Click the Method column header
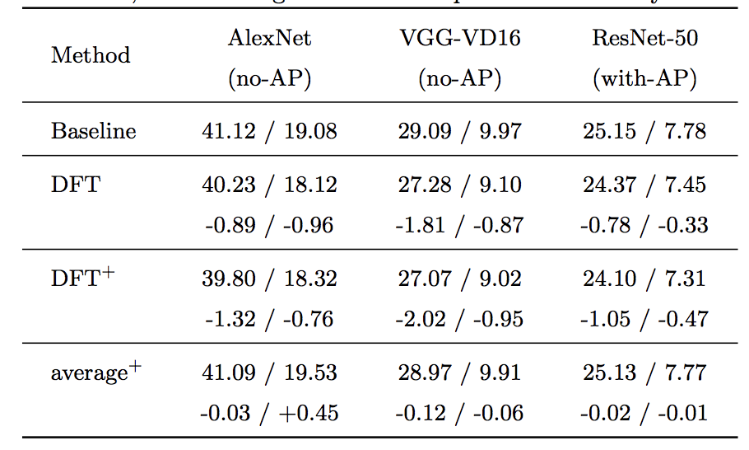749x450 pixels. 91,55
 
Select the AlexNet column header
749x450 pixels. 270,38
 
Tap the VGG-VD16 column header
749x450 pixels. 460,38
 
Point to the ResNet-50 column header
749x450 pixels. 645,38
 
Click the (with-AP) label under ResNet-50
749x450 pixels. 645,78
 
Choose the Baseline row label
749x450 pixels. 93,131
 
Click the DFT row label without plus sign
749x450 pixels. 75,184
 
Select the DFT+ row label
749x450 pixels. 82,279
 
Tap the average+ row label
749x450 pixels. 95,373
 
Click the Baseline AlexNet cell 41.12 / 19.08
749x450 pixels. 269,131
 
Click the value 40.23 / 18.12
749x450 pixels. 269,185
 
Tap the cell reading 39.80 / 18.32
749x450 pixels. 269,279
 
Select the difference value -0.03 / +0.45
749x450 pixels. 269,412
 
